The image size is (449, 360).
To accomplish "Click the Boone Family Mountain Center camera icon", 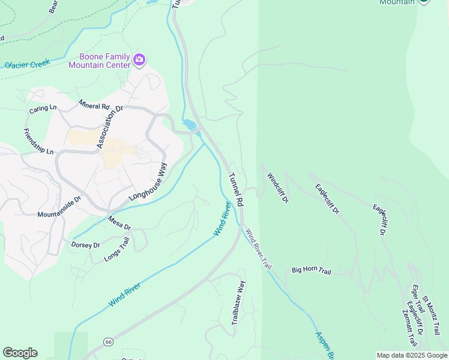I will pos(139,59).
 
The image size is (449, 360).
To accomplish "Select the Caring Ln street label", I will pos(43,109).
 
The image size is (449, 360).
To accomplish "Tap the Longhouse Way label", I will pos(147,182).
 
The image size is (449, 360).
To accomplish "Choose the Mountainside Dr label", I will pos(59,206).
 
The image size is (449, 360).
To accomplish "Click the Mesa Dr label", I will pos(119,223).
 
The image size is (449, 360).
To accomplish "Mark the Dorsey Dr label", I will pos(85,244).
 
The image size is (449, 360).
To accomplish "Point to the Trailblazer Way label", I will pos(239,303).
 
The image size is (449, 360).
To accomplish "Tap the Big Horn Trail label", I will pos(311,271).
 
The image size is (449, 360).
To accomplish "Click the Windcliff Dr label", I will pos(278,187).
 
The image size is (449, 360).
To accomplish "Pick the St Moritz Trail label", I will pos(433,316).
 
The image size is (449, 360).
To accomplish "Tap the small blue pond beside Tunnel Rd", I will pos(190,125).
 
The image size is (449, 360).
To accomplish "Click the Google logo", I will pos(20,353).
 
